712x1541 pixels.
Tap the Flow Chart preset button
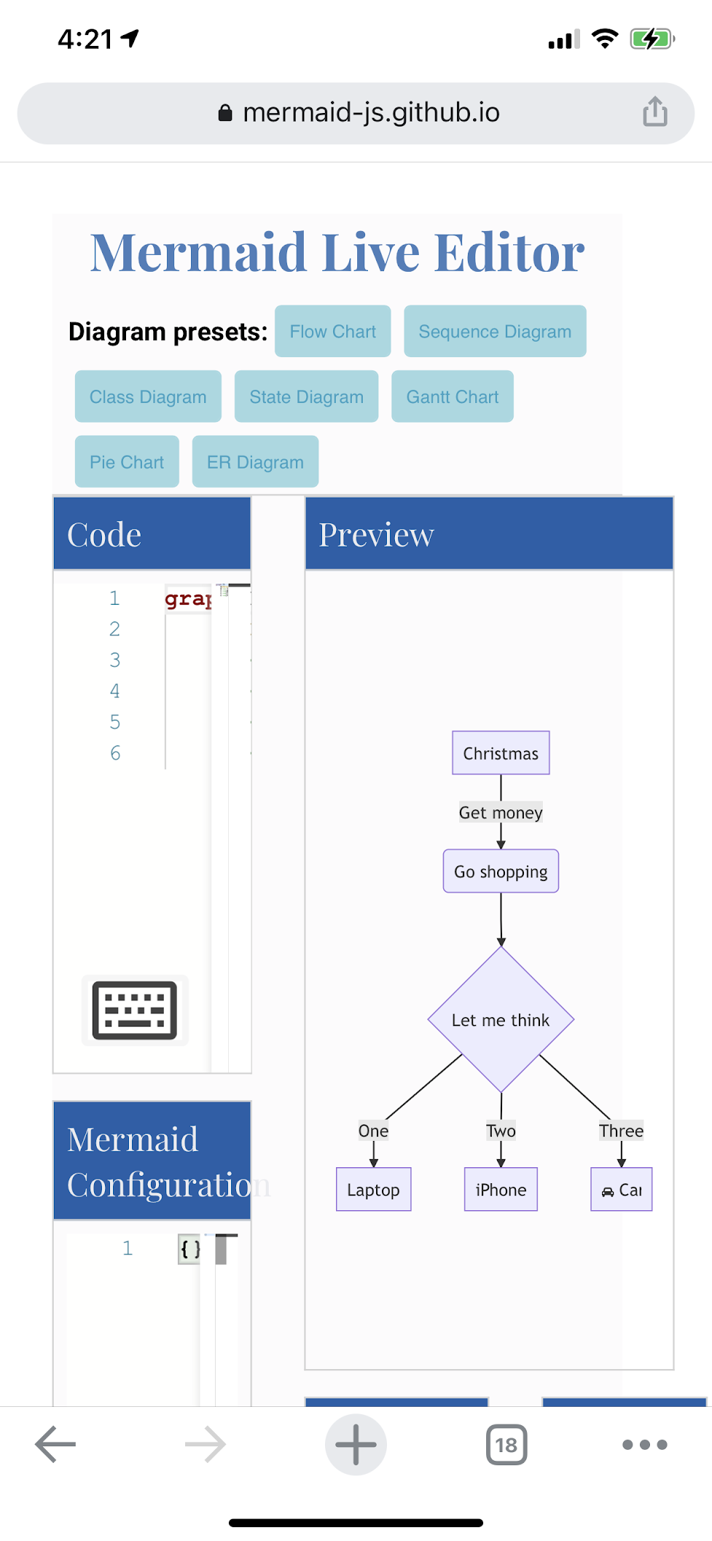click(332, 332)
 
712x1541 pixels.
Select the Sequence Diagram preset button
click(495, 332)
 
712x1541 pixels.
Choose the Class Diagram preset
click(148, 396)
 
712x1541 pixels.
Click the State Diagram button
click(306, 396)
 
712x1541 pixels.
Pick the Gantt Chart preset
click(453, 396)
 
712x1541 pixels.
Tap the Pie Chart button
click(127, 462)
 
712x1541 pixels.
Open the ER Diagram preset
click(255, 462)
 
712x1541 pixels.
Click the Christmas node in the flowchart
click(501, 753)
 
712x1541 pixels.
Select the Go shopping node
click(501, 871)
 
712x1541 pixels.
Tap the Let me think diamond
click(501, 1020)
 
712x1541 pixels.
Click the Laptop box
click(373, 1190)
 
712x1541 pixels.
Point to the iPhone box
click(501, 1190)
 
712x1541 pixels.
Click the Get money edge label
click(501, 812)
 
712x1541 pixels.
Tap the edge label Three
click(621, 1131)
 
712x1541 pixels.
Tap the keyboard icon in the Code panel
click(135, 1011)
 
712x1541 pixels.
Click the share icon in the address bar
click(654, 112)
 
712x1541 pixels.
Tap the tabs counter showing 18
click(506, 1444)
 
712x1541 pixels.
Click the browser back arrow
click(55, 1444)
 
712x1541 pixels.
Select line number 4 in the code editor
click(115, 691)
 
